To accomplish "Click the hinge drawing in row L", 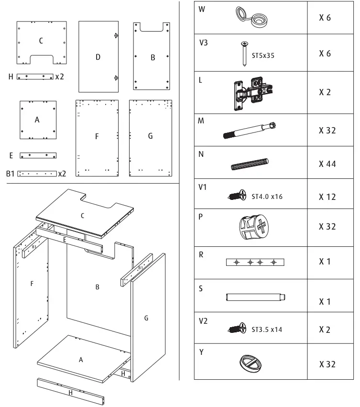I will (251, 93).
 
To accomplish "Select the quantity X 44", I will (327, 164).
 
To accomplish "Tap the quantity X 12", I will (327, 197).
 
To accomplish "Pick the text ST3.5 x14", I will (267, 330).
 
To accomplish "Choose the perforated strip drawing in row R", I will (255, 262).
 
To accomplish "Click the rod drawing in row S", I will (256, 297).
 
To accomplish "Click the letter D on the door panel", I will (98, 57).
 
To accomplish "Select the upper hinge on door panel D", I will (117, 35).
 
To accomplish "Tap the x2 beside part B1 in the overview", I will (62, 174).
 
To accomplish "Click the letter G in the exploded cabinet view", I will (146, 317).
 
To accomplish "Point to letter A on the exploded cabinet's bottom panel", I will (81, 360).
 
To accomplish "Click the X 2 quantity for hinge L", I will (325, 93).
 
